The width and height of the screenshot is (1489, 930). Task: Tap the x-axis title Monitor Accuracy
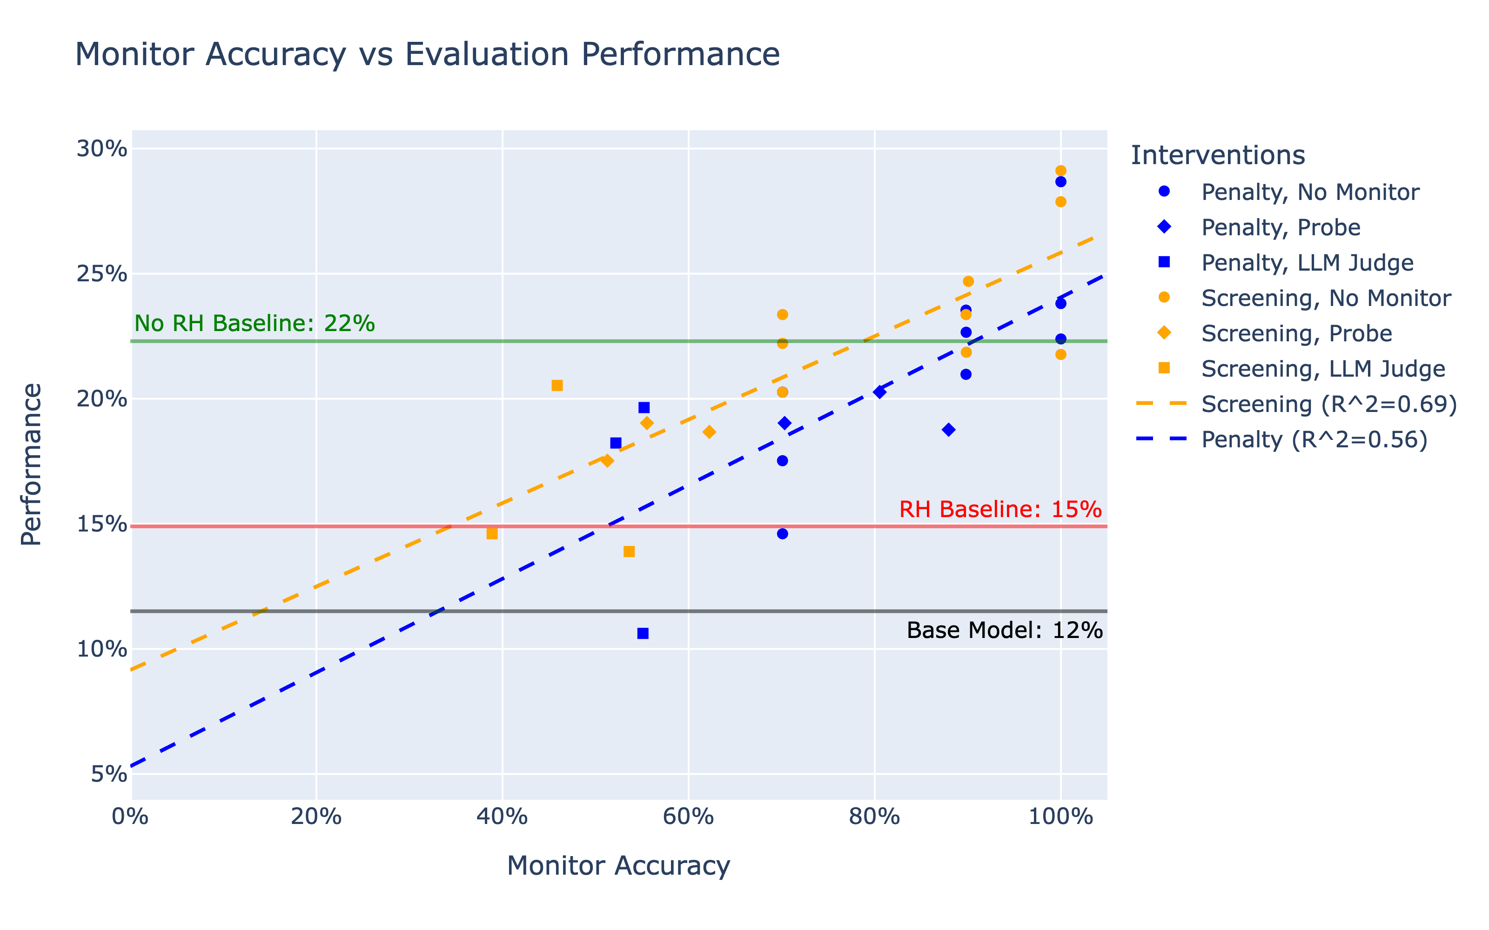[618, 865]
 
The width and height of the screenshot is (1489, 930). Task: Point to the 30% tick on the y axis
[101, 149]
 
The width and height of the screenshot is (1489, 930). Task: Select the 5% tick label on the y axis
[109, 774]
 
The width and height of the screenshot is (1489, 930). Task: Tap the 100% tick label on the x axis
[1060, 817]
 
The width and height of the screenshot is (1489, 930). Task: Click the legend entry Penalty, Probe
[1281, 227]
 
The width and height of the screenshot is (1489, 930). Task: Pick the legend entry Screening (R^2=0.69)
[1329, 404]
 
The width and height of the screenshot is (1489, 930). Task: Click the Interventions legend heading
[1218, 155]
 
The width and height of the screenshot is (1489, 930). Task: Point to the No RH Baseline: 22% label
[255, 323]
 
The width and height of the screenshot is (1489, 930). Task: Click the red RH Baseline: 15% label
[1000, 509]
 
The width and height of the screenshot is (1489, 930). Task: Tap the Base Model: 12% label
[1004, 631]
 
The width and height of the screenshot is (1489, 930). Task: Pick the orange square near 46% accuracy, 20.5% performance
[557, 385]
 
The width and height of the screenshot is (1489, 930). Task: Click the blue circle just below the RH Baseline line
[782, 534]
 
